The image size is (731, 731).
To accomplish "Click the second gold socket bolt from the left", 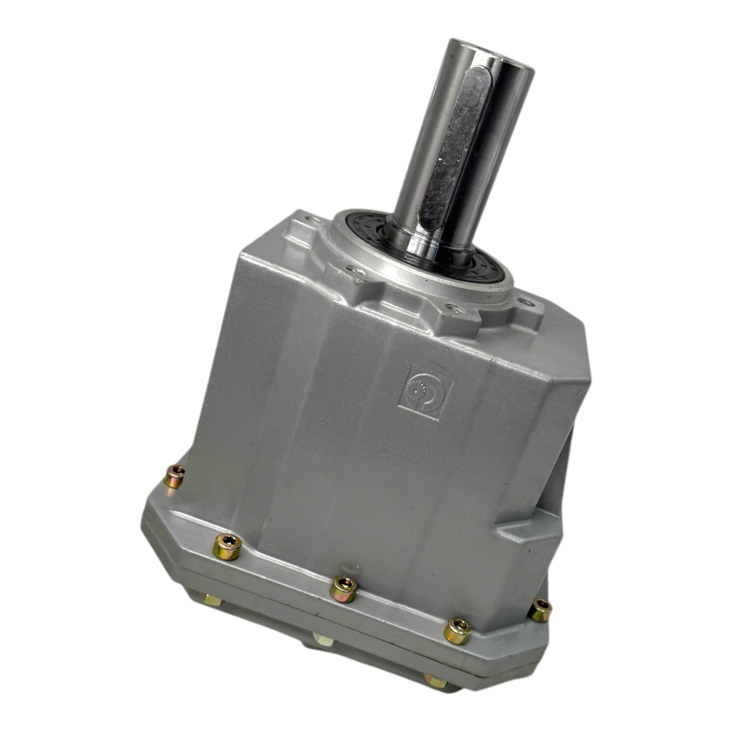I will pyautogui.click(x=228, y=546).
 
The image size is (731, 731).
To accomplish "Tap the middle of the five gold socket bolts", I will pyautogui.click(x=343, y=588).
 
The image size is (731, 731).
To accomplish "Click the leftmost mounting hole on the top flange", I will pyautogui.click(x=312, y=220).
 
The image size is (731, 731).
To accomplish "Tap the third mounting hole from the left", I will pyautogui.click(x=455, y=310).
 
